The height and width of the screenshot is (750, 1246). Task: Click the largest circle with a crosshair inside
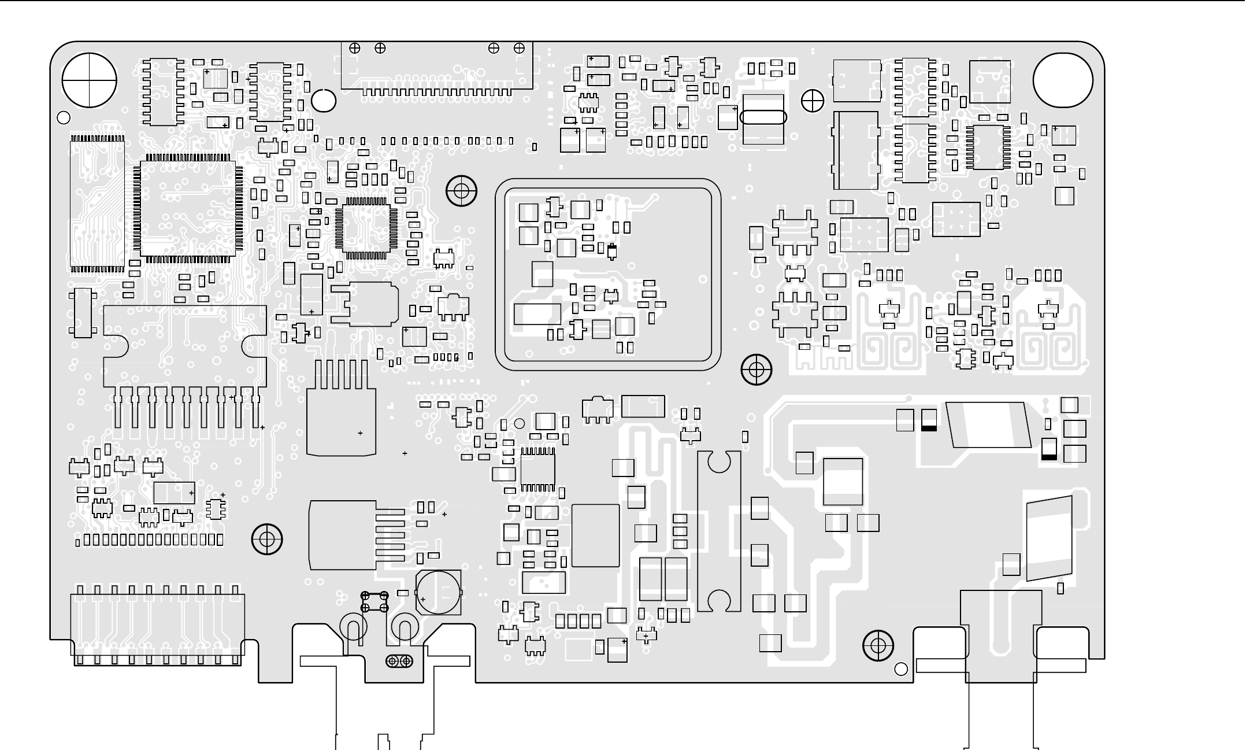[90, 80]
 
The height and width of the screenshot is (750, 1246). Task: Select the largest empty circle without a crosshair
[1062, 80]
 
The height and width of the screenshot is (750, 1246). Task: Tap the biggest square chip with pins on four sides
[188, 208]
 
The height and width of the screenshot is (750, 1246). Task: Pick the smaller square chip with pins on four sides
[366, 228]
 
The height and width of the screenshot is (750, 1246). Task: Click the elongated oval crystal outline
[763, 117]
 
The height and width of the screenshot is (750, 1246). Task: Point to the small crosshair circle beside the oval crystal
[813, 101]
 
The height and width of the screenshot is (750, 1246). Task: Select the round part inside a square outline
[439, 592]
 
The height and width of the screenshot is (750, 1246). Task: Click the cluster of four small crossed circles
[374, 601]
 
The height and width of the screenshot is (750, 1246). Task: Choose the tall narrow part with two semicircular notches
[719, 531]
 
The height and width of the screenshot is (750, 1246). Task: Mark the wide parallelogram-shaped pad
[988, 425]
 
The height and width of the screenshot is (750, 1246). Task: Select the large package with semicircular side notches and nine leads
[185, 347]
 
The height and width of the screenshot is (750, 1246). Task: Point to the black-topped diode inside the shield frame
[613, 251]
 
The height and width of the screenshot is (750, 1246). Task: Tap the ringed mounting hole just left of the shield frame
[461, 190]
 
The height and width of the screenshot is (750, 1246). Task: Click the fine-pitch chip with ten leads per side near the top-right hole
[988, 147]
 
